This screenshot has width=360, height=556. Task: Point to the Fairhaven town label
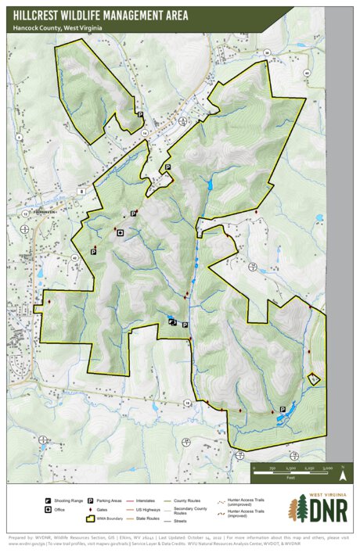pos(37,210)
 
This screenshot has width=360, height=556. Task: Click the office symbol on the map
pos(120,232)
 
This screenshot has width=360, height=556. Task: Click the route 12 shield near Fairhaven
pos(25,213)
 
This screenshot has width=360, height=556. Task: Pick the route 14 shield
pos(144,133)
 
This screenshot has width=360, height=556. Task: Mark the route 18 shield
pos(188,403)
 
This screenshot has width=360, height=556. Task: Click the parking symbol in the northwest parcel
pos(140,115)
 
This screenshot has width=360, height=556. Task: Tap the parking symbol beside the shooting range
pos(185,325)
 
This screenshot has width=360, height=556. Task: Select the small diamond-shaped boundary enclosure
pos(313,378)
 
